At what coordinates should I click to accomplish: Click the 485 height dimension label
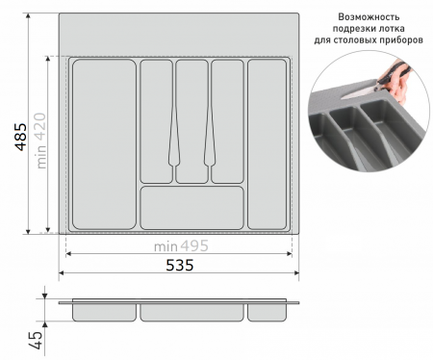pos(21,137)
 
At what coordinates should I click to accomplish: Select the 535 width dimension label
pos(180,266)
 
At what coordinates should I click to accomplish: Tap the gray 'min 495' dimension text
pos(181,246)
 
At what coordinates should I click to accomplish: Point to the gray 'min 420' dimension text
pos(41,141)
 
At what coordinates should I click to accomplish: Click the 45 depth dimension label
pos(37,340)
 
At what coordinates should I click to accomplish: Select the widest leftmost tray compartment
pos(104,144)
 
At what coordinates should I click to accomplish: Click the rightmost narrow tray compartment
pos(267,144)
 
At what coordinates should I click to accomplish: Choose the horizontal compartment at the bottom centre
pos(191,208)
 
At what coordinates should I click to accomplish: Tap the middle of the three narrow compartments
pos(191,121)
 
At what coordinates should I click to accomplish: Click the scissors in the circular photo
pos(385,82)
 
